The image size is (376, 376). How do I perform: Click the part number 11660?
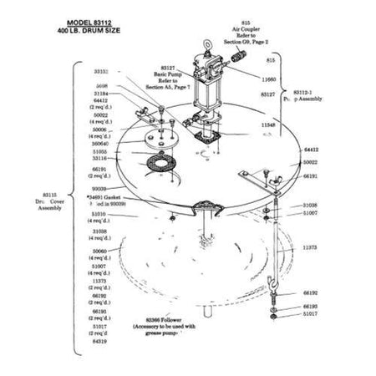269,79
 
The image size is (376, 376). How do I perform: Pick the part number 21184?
102,93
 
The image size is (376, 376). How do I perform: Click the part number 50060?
101,251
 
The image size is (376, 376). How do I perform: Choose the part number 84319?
101,340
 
